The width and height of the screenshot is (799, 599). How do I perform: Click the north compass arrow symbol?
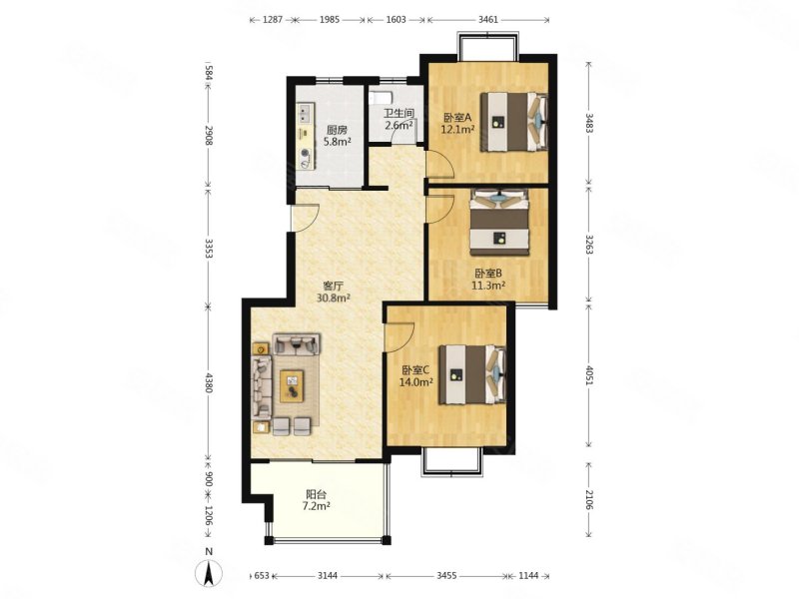208,572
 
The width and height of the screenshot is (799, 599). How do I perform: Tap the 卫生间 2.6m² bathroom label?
399,119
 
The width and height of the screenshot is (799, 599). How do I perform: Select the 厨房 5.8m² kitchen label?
338,136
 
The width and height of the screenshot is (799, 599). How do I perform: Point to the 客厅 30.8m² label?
334,292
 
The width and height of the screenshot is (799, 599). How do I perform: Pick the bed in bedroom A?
514,122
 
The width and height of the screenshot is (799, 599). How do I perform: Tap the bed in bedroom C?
472,375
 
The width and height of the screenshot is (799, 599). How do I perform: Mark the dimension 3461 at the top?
488,20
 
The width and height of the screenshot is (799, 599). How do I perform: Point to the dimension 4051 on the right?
589,377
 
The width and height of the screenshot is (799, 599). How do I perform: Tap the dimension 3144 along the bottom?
328,576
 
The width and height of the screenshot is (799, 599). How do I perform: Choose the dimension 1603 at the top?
396,20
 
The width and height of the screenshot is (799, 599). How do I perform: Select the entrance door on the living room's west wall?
305,218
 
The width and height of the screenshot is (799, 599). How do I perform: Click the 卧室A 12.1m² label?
457,123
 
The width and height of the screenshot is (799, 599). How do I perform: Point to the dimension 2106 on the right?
589,499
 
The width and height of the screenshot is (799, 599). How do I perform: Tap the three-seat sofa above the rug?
297,343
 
